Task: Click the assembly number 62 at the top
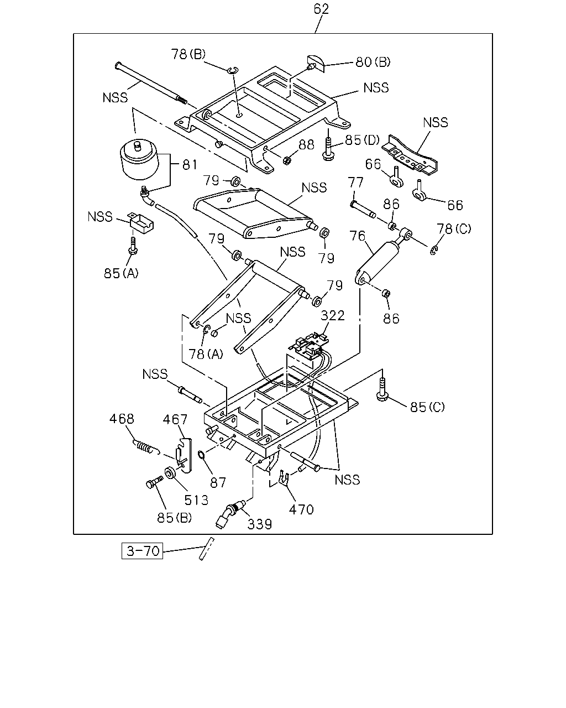[321, 9]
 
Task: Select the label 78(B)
[188, 54]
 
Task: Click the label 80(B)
[373, 62]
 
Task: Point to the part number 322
[333, 315]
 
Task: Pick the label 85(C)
[427, 407]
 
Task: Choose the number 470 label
[301, 509]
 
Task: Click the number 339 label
[260, 524]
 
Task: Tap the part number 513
[196, 501]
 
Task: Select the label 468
[122, 419]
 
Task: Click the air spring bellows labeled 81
[139, 159]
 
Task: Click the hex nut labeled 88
[287, 161]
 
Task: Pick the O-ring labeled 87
[201, 455]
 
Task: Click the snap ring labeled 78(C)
[434, 251]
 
